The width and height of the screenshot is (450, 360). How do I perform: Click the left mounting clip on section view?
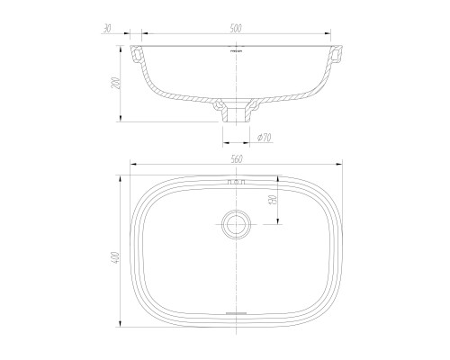138,56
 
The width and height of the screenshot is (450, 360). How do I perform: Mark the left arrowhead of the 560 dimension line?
132,166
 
